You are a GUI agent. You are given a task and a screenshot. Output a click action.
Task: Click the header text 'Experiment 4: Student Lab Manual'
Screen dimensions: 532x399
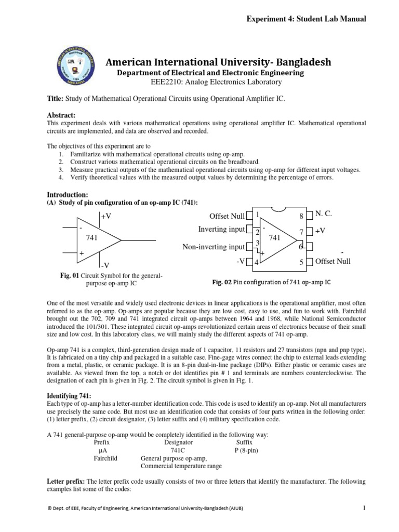pos(307,19)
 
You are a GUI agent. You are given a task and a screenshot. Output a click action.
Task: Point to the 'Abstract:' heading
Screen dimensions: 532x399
pos(61,115)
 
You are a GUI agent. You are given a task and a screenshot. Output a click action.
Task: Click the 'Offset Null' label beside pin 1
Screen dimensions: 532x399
pos(227,216)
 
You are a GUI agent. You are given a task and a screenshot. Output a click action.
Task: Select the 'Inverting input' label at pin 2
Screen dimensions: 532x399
pos(221,229)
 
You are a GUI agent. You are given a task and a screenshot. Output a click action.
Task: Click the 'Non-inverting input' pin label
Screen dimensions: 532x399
pos(214,247)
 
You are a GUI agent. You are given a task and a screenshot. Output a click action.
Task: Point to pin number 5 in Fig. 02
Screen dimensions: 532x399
pos(301,262)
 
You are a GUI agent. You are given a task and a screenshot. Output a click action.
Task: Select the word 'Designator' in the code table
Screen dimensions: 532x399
pos(178,442)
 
